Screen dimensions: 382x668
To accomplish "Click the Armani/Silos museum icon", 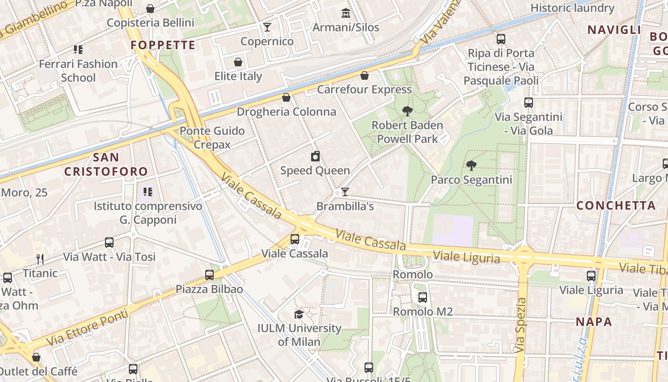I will click(345, 13).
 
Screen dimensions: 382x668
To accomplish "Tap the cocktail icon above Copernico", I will click(267, 27).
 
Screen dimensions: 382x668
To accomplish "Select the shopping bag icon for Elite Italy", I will click(238, 62).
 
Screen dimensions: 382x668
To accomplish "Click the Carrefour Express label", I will click(364, 89).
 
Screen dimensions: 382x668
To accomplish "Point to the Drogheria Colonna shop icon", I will click(286, 97).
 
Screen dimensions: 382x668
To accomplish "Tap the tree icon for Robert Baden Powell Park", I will click(407, 111).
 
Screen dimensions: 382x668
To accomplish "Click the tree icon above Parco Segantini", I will click(471, 166).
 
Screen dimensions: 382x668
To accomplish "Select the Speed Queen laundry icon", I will click(315, 157).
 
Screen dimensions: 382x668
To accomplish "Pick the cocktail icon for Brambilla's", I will click(345, 192).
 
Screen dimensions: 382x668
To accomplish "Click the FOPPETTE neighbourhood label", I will click(163, 45).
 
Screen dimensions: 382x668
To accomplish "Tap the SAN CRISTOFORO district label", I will click(106, 164).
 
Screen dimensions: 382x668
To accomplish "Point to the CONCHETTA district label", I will click(616, 206).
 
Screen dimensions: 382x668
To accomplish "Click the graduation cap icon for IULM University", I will click(299, 314).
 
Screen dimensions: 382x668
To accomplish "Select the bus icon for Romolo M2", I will click(423, 297).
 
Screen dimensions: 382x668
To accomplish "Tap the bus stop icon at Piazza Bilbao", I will click(209, 275).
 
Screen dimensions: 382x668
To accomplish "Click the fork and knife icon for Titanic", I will click(40, 259).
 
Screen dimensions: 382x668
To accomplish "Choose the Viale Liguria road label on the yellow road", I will click(466, 257).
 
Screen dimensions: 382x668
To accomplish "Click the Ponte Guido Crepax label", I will click(212, 138).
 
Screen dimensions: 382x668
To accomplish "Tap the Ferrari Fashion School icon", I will click(78, 50).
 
